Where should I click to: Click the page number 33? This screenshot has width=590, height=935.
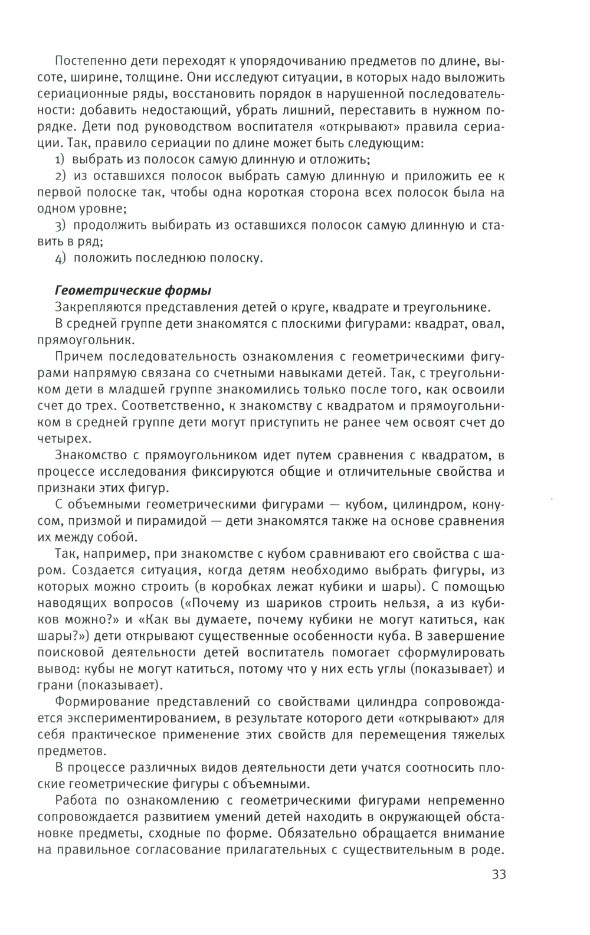point(498,874)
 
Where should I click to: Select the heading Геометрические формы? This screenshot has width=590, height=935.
point(133,291)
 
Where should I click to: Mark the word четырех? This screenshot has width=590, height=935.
point(64,439)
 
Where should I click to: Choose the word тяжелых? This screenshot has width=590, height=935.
point(477,735)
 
